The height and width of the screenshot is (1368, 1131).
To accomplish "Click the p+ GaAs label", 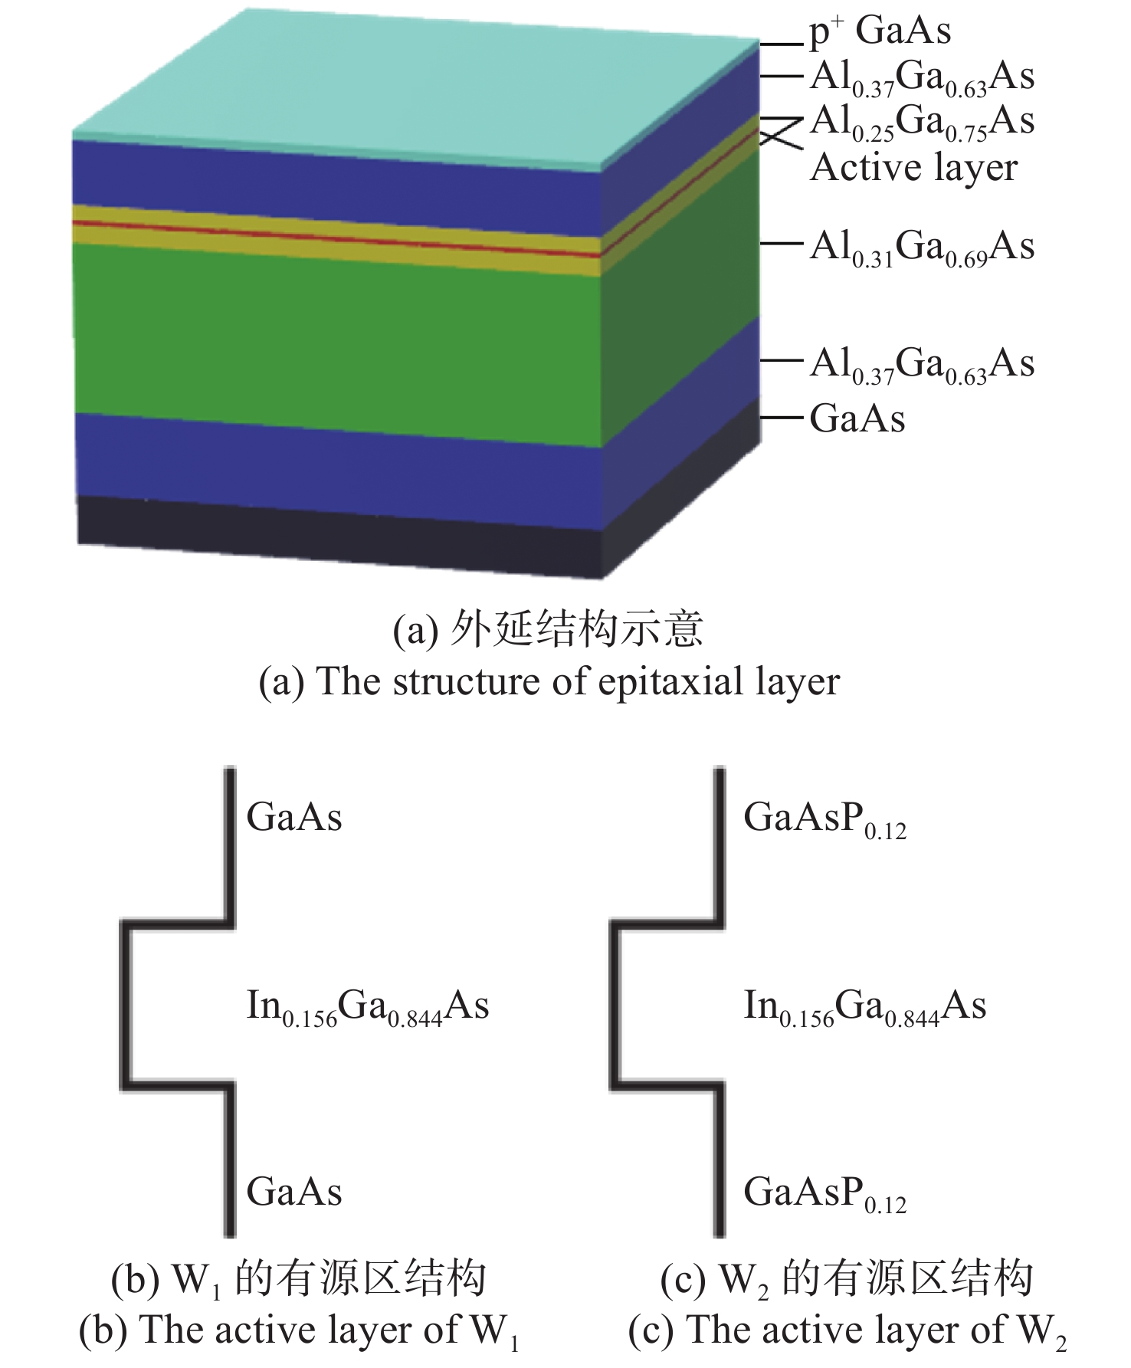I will click(x=880, y=32).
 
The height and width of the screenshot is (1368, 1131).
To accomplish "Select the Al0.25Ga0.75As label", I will click(x=922, y=122).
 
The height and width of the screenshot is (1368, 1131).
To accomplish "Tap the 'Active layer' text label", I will click(x=914, y=168).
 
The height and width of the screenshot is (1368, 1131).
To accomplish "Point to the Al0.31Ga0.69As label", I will click(x=922, y=248).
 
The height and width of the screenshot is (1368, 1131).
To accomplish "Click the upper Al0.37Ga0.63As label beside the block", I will click(x=922, y=77).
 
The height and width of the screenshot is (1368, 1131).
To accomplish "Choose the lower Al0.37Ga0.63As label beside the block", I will click(x=922, y=364).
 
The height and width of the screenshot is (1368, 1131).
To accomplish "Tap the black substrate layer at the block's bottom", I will click(x=337, y=533).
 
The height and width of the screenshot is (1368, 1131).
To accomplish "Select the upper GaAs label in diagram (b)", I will click(x=294, y=817).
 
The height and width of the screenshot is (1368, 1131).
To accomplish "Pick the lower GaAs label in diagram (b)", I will click(x=294, y=1192).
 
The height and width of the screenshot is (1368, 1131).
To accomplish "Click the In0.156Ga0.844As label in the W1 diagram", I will click(x=367, y=1006).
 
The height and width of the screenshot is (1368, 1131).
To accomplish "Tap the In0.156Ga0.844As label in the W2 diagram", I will click(x=864, y=1006).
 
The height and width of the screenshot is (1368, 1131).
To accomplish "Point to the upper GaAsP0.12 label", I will click(x=824, y=819).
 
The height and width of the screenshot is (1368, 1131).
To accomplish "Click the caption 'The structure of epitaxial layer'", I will click(x=549, y=681).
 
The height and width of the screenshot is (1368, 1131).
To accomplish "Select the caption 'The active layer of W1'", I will click(x=299, y=1331).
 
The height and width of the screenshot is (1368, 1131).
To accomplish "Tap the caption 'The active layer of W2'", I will click(x=847, y=1331).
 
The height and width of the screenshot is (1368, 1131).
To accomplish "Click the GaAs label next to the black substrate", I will click(x=857, y=419).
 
